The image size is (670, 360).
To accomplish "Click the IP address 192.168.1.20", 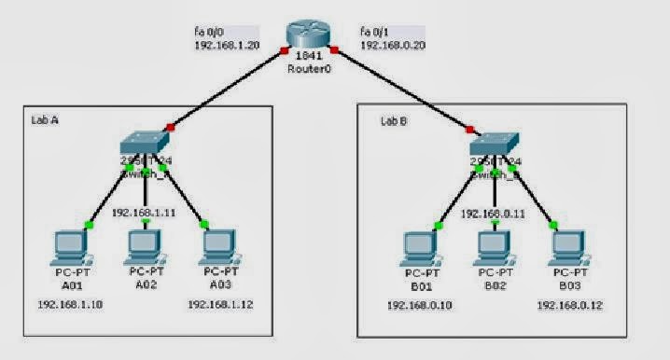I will [x=226, y=45].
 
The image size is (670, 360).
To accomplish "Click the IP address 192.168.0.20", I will [x=391, y=45].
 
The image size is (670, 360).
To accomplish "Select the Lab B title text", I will [x=392, y=119].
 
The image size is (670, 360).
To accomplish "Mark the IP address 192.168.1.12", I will [x=218, y=305].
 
